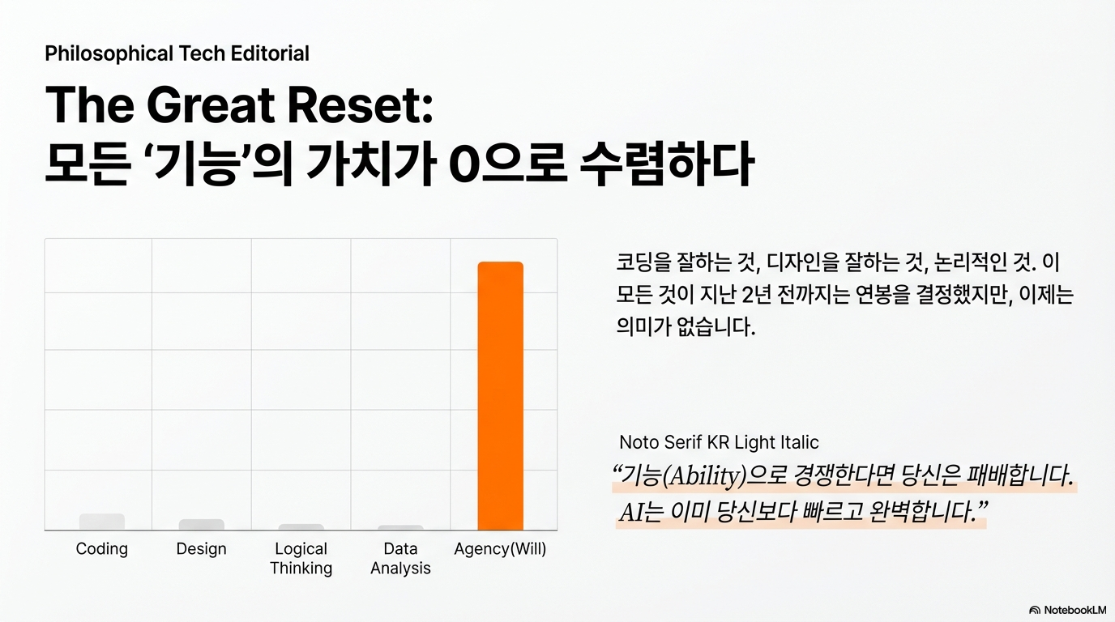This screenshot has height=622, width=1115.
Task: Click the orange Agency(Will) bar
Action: [x=500, y=395]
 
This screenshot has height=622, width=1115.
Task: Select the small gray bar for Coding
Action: [x=102, y=522]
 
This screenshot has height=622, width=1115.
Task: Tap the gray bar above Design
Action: [x=202, y=525]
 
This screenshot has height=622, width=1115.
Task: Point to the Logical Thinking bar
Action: [x=301, y=527]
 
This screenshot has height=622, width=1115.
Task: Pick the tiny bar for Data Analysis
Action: [x=400, y=527]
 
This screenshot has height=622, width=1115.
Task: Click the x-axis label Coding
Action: [x=102, y=549]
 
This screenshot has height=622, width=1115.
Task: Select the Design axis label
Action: [x=202, y=549]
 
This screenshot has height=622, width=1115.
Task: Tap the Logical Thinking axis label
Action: [x=301, y=558]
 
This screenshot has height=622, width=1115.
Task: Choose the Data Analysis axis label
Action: [x=400, y=558]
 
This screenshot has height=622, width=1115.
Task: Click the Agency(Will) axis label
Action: [x=500, y=549]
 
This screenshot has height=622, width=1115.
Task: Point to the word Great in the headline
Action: [x=211, y=105]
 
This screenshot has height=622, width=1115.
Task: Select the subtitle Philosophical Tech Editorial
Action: [x=177, y=53]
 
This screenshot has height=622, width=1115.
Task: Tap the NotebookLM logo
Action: [x=1067, y=610]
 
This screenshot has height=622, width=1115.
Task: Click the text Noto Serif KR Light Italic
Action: [x=719, y=442]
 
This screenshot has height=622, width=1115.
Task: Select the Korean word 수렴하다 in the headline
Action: [x=667, y=164]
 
